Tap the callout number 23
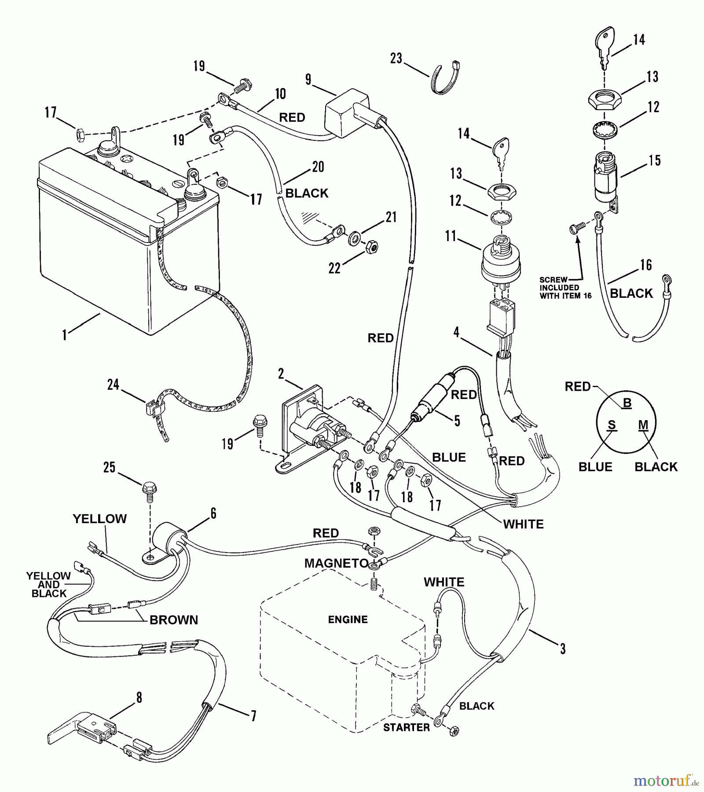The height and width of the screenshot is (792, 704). (396, 59)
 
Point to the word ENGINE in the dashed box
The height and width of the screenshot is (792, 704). (348, 620)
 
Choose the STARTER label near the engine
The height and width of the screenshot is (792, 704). (406, 727)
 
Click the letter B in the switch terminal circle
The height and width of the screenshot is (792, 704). (627, 403)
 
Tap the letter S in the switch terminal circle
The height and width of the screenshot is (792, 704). (612, 425)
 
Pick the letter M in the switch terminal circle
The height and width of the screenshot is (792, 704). (643, 425)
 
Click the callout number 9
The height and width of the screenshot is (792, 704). (308, 80)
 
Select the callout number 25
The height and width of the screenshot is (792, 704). (109, 467)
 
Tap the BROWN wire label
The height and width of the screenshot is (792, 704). (174, 620)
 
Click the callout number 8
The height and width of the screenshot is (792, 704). (139, 697)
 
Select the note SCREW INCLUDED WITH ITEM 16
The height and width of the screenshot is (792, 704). (565, 288)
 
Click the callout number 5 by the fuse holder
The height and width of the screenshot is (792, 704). (457, 421)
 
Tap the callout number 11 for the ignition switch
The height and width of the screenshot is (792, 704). (451, 236)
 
